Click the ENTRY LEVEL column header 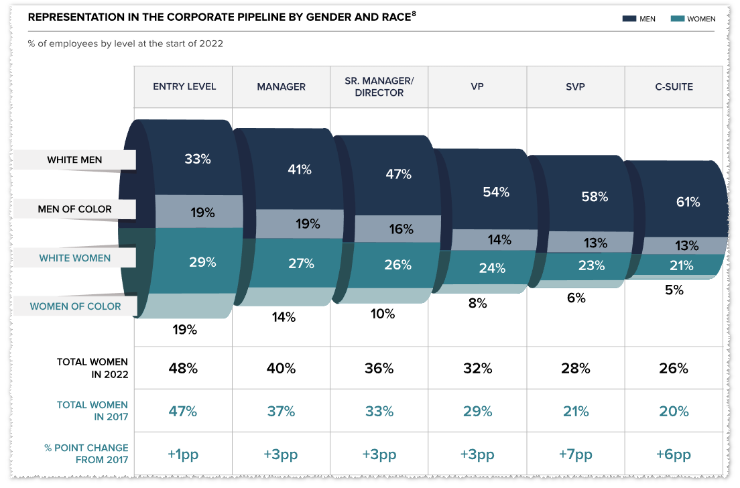coord(184,86)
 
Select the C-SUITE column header coord(674,86)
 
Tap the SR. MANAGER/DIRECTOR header coord(379,86)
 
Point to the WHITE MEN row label coord(74,160)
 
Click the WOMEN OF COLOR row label coord(76,306)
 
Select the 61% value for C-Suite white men coord(688,202)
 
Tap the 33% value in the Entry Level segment coord(198,160)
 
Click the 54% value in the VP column coord(496,192)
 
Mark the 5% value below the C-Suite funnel coord(674,290)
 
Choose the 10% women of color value coord(383,313)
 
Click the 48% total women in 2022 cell coord(182,368)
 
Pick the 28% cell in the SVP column coord(575,368)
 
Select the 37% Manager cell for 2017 coord(281,412)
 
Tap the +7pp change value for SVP coord(575,454)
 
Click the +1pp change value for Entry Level coord(182,454)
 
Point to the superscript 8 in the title coord(414,14)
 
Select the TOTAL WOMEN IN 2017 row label coord(92,411)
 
